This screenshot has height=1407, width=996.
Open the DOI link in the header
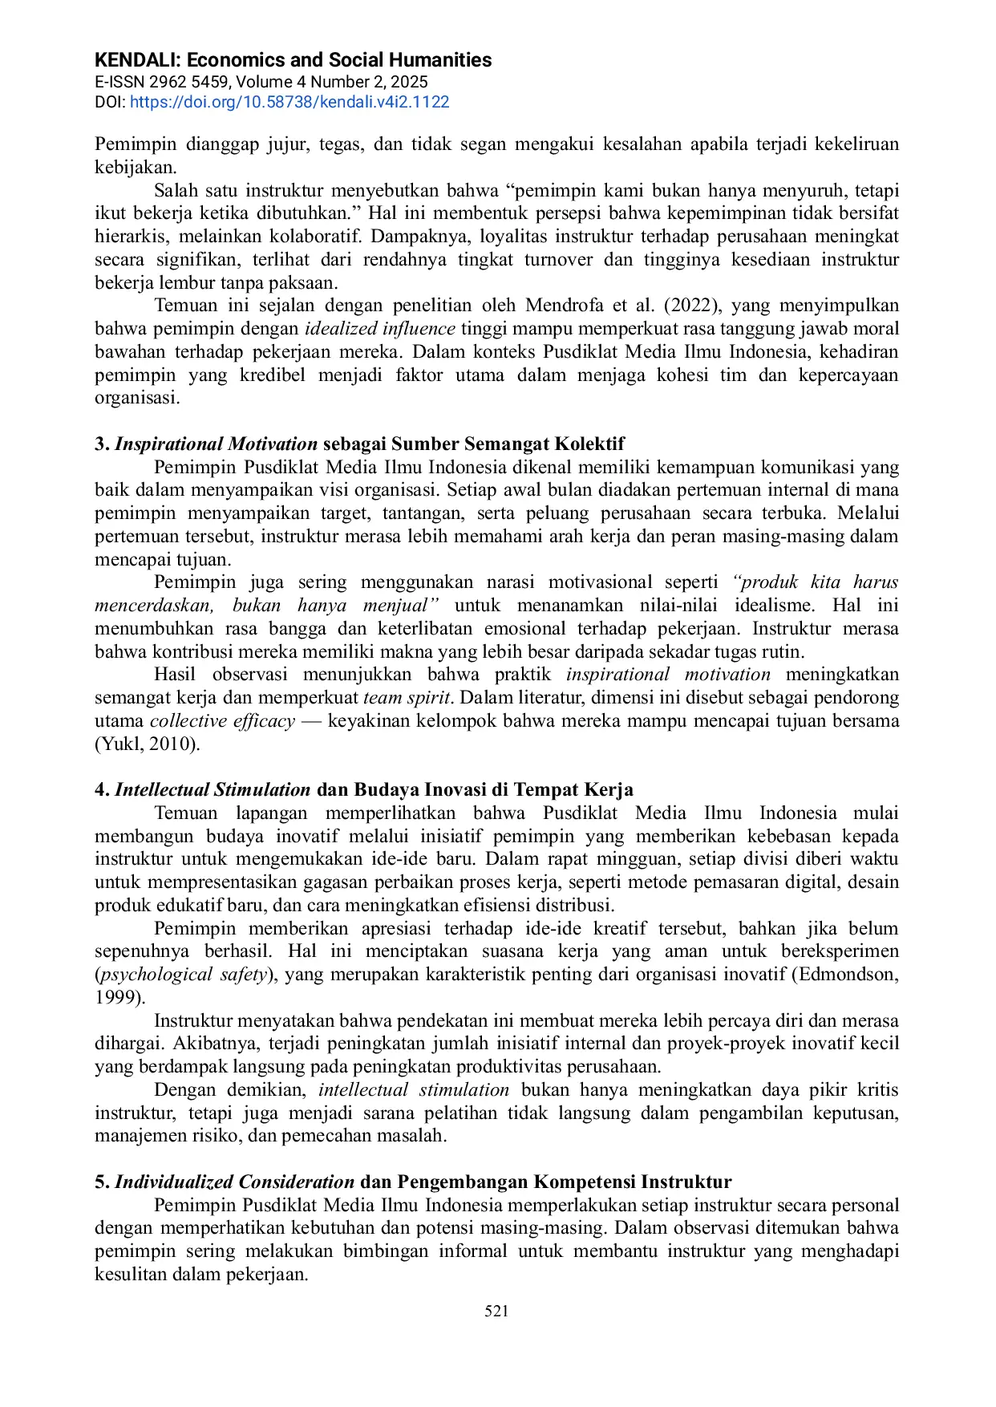(x=289, y=102)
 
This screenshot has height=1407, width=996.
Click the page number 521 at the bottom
(x=496, y=1311)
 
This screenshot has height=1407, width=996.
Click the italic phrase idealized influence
(x=379, y=329)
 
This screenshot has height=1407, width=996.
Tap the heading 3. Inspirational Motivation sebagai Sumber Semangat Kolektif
(x=359, y=444)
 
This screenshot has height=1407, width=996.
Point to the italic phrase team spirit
(x=406, y=698)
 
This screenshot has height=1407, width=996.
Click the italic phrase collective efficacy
(x=222, y=721)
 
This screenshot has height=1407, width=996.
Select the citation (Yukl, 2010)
(x=147, y=744)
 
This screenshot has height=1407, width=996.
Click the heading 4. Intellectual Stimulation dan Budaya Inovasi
(x=364, y=789)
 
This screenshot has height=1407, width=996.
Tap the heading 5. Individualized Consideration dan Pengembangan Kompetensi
(x=413, y=1182)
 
